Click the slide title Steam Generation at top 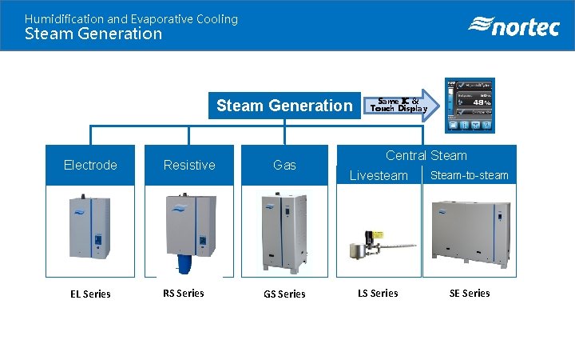coord(93,34)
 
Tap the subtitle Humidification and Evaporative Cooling coord(131,18)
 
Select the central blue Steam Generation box coord(284,106)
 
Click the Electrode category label coord(90,165)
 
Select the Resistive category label coord(189,165)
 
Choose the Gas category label coord(284,165)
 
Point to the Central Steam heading coord(426,155)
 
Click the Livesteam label coord(379,175)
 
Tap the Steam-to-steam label coord(470,175)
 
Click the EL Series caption coord(90,294)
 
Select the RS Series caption coord(184,293)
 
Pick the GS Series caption coord(284,294)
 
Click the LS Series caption coord(379,293)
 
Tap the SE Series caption coord(470,293)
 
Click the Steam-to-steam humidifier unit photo coord(471,231)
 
